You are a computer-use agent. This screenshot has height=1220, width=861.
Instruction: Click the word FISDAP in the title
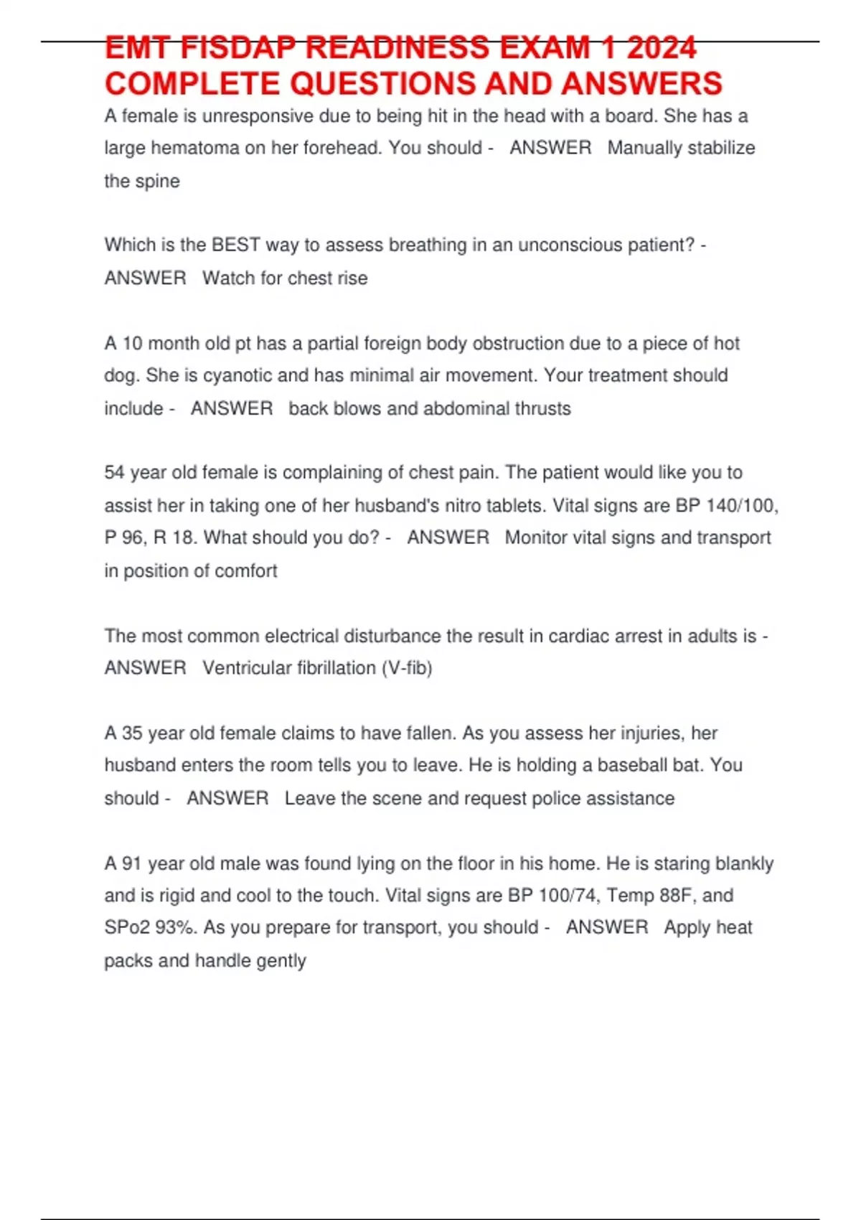point(237,49)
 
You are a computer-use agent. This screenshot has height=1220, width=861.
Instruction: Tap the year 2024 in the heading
point(661,49)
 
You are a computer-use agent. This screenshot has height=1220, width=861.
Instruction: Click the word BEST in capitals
point(235,245)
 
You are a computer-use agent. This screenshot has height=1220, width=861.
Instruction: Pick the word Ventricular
point(253,668)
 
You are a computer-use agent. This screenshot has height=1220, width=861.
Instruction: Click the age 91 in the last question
point(132,863)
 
